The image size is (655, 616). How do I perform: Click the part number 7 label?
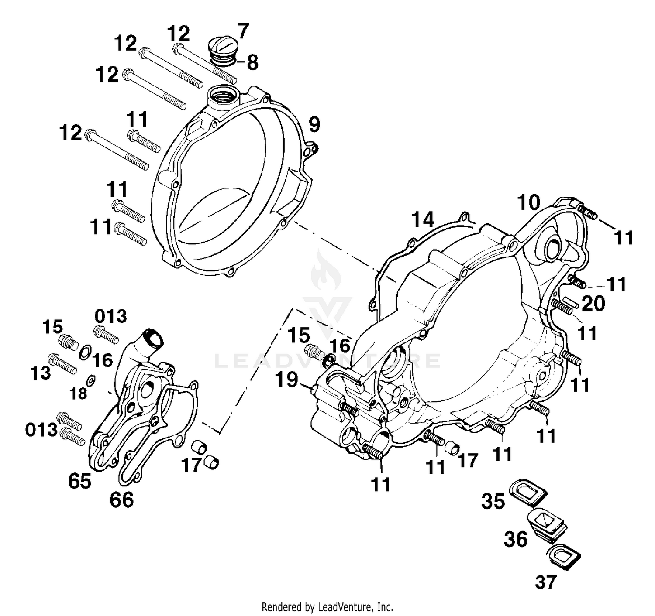[x=243, y=32]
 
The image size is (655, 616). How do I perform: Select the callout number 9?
[x=314, y=125]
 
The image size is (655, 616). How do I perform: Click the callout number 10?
[x=528, y=203]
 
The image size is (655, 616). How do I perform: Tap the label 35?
[x=493, y=501]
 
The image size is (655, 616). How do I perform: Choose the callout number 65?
[x=79, y=481]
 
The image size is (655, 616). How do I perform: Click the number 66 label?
[x=121, y=500]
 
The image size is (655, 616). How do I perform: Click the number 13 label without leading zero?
[x=41, y=373]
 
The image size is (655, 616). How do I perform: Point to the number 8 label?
[x=252, y=62]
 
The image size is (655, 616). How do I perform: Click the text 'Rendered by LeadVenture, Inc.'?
[x=327, y=606]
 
